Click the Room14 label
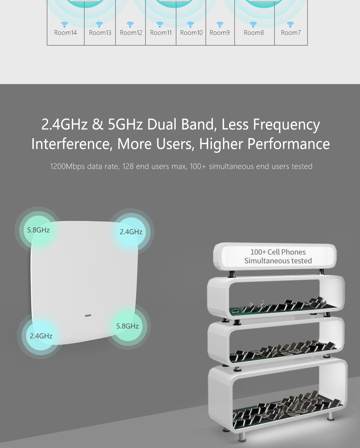65,33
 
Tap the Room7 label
291,33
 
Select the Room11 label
161,33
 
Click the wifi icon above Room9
220,25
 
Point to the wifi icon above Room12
130,25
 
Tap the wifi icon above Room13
99,25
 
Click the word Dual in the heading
162,124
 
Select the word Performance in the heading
289,144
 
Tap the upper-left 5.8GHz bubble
38,230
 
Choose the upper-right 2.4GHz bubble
131,232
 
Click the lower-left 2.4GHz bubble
41,336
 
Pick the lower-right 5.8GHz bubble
127,326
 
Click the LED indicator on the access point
88,316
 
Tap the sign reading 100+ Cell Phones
275,256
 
